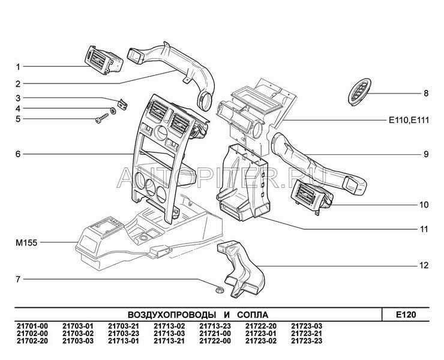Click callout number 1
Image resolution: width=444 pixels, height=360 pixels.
18,66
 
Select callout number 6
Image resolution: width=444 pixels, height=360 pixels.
18,154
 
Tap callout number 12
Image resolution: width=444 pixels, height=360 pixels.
424,265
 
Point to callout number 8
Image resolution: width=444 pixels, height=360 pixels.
425,93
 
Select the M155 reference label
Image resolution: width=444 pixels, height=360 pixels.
26,243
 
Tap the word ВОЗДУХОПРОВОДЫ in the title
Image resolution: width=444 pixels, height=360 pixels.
169,314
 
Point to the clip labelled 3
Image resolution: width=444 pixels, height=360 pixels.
122,103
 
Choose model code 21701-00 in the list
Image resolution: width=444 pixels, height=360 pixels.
31,326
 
